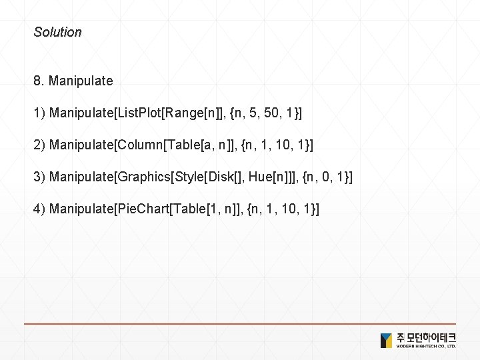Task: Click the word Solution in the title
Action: click(57, 32)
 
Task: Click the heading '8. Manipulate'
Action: click(73, 81)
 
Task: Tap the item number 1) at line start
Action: click(39, 113)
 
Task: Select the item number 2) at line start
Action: click(39, 145)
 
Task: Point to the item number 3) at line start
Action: click(39, 177)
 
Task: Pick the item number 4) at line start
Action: click(39, 209)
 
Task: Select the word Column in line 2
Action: click(137, 145)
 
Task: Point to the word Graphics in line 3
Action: click(144, 177)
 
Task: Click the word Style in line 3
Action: click(189, 177)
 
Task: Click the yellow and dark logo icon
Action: click(387, 340)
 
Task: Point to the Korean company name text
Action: click(426, 337)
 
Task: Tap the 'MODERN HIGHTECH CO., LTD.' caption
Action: click(426, 347)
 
